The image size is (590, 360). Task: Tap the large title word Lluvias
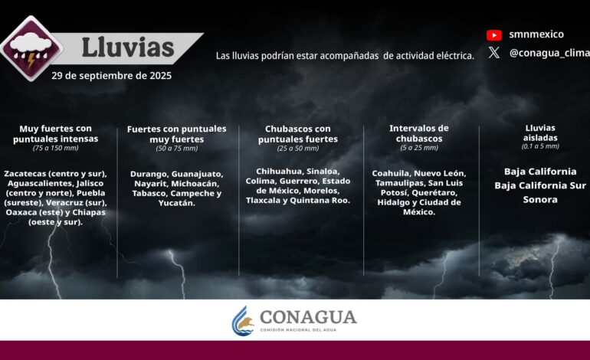tap(128, 47)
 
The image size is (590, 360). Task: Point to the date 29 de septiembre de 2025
tap(112, 76)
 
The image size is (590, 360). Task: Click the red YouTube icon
tap(494, 34)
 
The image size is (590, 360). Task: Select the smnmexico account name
tap(536, 34)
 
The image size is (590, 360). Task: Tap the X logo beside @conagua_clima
tap(494, 53)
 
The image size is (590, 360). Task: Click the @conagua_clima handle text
tap(548, 53)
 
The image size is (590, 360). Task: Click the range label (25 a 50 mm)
tap(298, 149)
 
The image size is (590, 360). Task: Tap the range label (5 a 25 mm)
tap(419, 148)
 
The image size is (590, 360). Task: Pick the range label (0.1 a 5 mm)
tap(540, 146)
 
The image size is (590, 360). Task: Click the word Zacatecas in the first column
tap(30, 174)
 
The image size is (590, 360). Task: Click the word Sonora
tap(540, 199)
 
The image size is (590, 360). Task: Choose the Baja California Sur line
tap(540, 185)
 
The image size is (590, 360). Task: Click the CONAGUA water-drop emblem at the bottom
tap(244, 320)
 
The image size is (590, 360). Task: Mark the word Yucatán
tap(177, 203)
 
